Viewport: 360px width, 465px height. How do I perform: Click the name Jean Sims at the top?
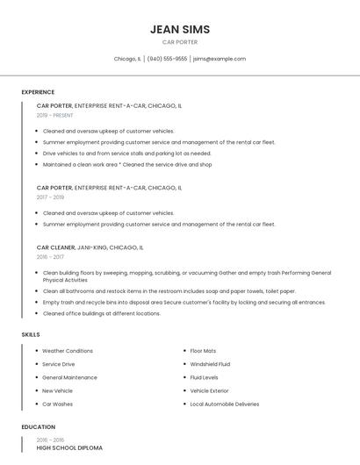[180, 30]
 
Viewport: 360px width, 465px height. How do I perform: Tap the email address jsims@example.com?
[220, 59]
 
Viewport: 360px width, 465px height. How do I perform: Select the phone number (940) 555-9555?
[167, 59]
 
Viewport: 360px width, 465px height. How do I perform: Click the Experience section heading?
[38, 92]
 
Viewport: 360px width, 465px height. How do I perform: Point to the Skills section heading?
[31, 334]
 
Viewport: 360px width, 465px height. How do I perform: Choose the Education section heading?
[38, 427]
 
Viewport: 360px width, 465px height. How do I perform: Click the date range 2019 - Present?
[54, 115]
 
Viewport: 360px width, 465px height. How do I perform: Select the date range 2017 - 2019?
[50, 197]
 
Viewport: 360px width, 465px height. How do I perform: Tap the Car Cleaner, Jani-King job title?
[90, 248]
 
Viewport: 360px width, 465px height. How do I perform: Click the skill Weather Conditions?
[68, 351]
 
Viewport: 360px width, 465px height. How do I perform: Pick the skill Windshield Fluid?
[210, 364]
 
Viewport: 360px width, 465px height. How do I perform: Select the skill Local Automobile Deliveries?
[225, 404]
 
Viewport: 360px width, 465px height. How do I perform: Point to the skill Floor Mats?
[203, 351]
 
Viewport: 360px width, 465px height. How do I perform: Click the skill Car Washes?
[57, 404]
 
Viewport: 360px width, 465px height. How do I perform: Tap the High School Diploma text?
[69, 448]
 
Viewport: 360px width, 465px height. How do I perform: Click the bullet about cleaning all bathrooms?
[169, 291]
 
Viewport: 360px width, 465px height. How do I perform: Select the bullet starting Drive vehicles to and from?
[127, 153]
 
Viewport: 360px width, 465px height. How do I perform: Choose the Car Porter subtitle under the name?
[180, 42]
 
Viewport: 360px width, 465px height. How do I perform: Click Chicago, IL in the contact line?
[127, 59]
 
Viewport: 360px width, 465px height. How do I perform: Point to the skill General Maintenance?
[69, 377]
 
